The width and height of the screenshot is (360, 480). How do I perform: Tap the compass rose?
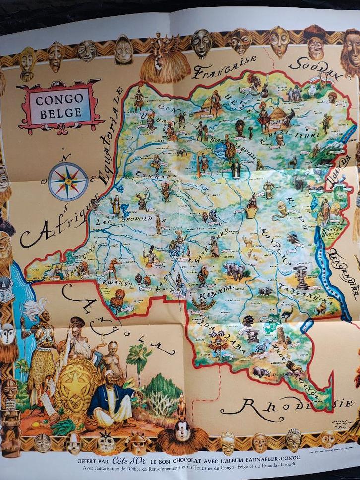[x=68, y=181]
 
